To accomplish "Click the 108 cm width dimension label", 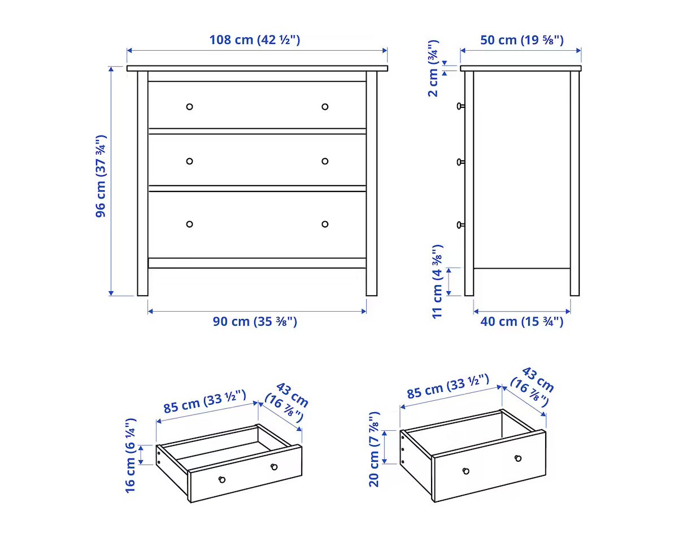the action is [x=255, y=40].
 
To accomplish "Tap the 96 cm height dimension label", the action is [x=101, y=176].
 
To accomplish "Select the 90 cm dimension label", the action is [x=255, y=321].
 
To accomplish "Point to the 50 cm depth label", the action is [x=521, y=40].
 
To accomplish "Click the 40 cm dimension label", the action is [x=521, y=321].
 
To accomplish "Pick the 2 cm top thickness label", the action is [x=433, y=68].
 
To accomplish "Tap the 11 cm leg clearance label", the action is [x=437, y=282].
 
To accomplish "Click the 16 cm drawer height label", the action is [x=131, y=456].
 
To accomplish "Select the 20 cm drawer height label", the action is [x=374, y=449].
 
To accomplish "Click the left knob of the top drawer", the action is [x=189, y=107].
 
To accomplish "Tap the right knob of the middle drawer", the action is [x=325, y=161].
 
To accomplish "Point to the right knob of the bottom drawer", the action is [x=325, y=224].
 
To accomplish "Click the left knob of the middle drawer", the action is [x=189, y=161].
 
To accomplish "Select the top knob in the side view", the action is [x=460, y=106].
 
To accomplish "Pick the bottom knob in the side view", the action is [x=460, y=225].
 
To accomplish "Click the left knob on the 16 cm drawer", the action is [x=222, y=480].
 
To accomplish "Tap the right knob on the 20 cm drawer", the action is [x=518, y=458].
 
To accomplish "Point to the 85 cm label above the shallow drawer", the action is [x=205, y=401].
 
